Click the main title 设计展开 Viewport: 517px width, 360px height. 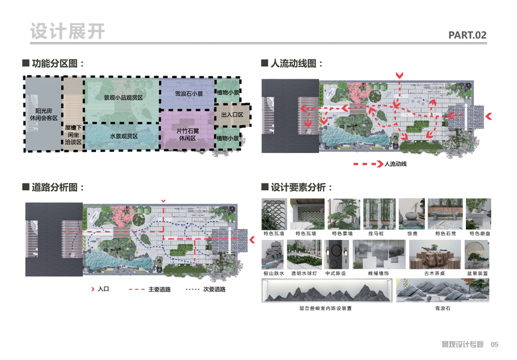67,31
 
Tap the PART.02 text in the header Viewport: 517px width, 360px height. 467,35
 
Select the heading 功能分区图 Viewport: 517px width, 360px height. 57,64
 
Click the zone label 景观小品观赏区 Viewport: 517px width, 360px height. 123,97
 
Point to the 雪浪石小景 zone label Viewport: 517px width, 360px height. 188,94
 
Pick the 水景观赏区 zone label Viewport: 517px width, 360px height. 124,137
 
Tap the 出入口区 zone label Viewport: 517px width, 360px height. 232,115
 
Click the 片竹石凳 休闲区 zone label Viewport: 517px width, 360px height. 188,134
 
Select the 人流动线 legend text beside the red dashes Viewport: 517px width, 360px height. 395,163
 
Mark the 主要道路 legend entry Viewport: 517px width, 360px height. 160,290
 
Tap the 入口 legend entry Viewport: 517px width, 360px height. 103,290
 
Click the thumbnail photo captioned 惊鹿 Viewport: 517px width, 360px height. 412,214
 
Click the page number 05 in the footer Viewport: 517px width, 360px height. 495,344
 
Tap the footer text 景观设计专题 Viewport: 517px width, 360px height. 462,344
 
